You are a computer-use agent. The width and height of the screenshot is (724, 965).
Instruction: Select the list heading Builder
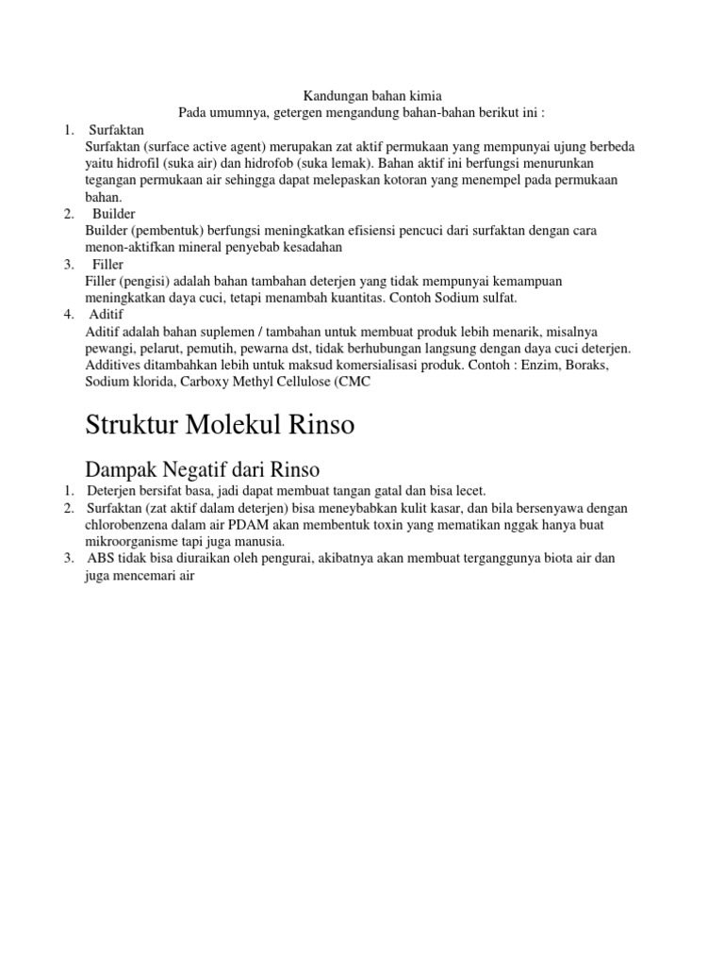pos(114,214)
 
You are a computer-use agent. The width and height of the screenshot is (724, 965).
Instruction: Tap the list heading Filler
pos(108,265)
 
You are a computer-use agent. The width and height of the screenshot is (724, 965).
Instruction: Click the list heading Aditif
pos(107,315)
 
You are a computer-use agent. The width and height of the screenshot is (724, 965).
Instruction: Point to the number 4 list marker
pos(70,315)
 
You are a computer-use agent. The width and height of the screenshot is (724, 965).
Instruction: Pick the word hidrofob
pos(265,163)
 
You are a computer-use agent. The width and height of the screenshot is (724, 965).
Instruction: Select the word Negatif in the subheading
pos(200,467)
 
